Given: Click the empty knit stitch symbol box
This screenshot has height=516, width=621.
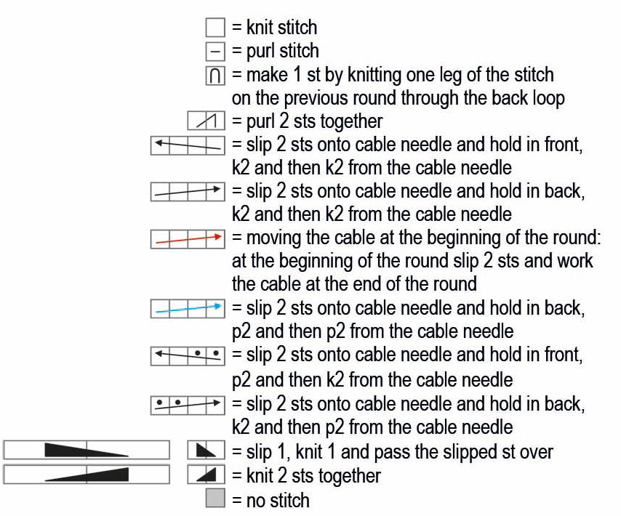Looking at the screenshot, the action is coord(215,28).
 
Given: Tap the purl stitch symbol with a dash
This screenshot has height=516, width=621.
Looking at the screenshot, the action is coord(215,52).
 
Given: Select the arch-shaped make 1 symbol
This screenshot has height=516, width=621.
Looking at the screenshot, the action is coord(215,76).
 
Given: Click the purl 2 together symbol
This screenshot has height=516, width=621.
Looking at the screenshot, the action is coord(207,121).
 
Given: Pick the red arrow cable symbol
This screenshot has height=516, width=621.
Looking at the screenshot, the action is coord(188,238).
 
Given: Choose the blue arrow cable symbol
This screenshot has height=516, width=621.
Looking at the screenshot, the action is coord(188,308).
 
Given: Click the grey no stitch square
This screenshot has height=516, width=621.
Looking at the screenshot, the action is coord(215,498).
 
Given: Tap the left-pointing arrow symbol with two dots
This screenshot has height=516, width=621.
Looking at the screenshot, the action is coord(188,355).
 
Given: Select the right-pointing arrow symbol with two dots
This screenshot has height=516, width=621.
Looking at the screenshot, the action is coord(188,406).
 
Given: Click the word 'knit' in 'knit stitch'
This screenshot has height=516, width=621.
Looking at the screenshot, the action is coord(260,28).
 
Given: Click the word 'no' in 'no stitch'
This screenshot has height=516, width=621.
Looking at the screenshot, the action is coord(255,501).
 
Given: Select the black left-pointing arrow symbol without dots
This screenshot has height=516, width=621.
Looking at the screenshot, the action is coord(188,145).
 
